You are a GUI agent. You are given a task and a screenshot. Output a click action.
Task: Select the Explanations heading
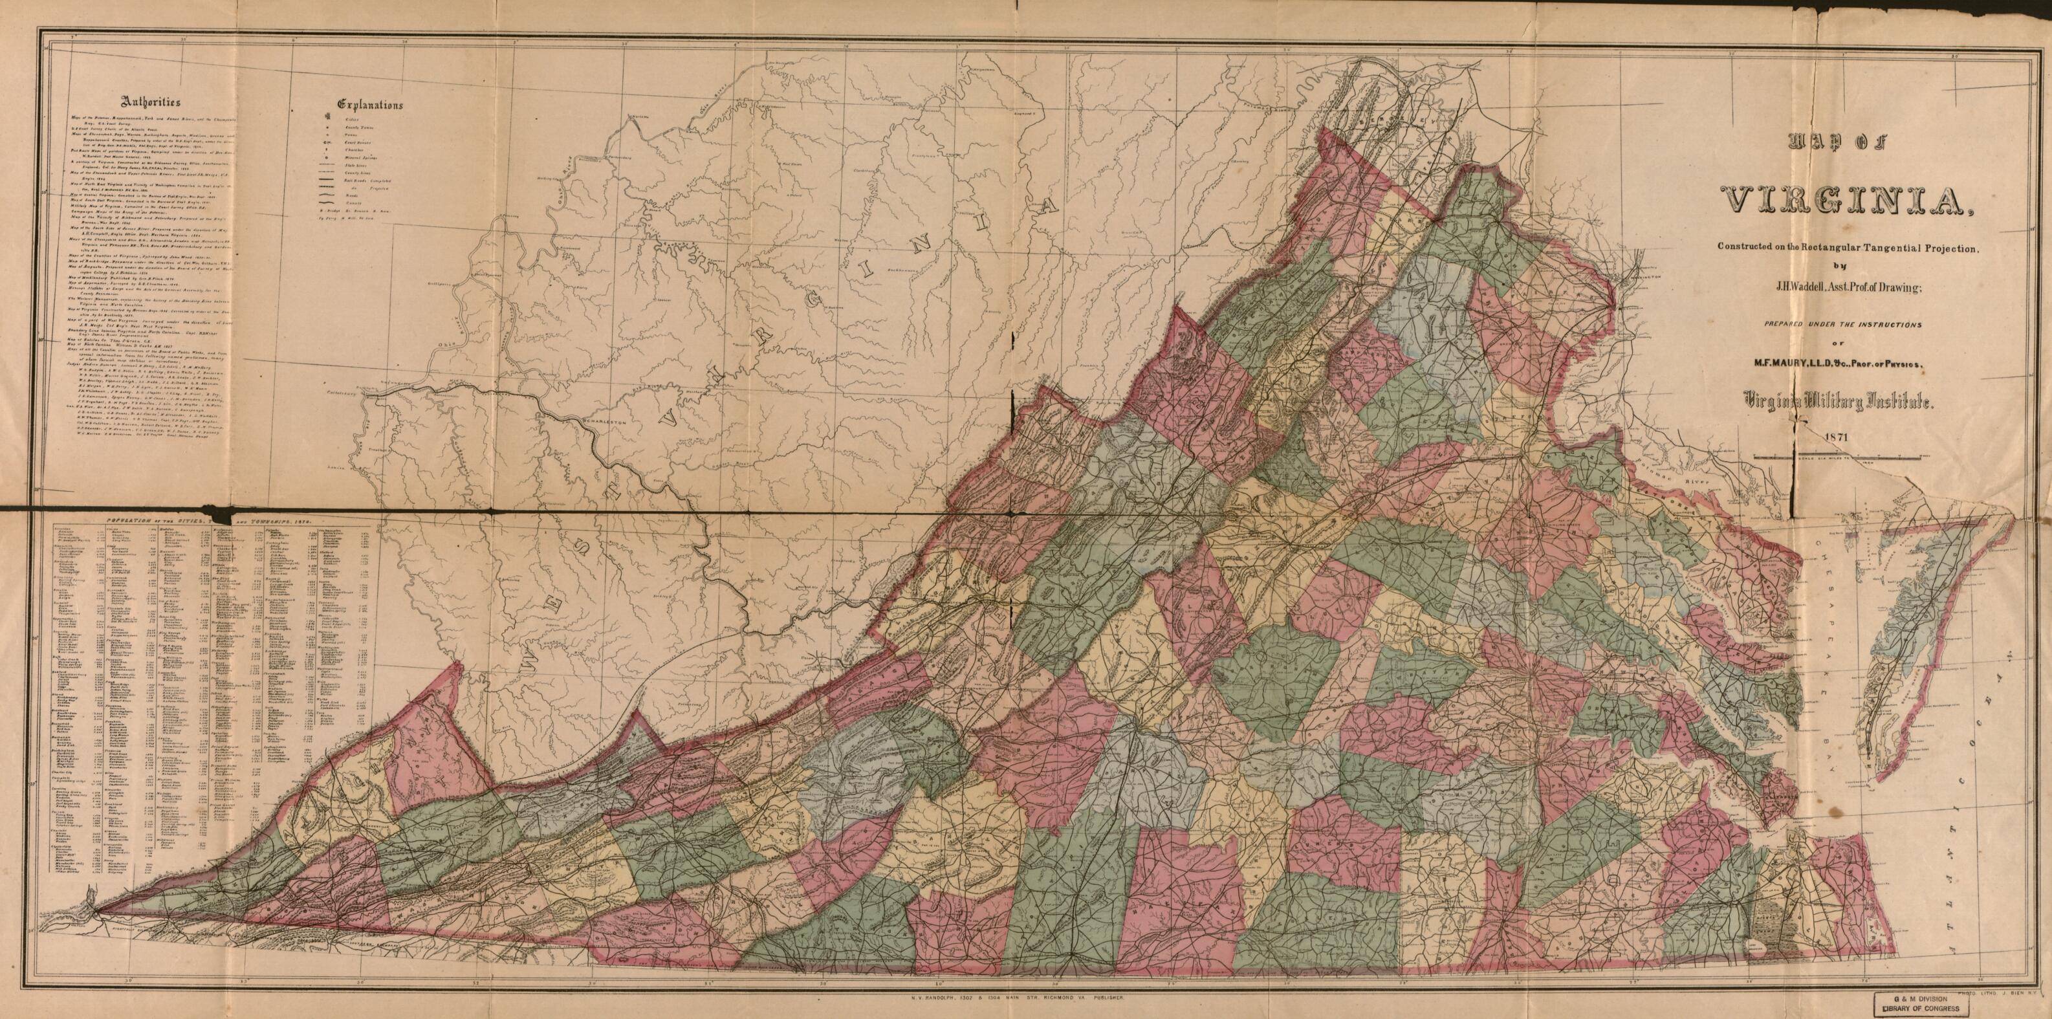click(369, 104)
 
